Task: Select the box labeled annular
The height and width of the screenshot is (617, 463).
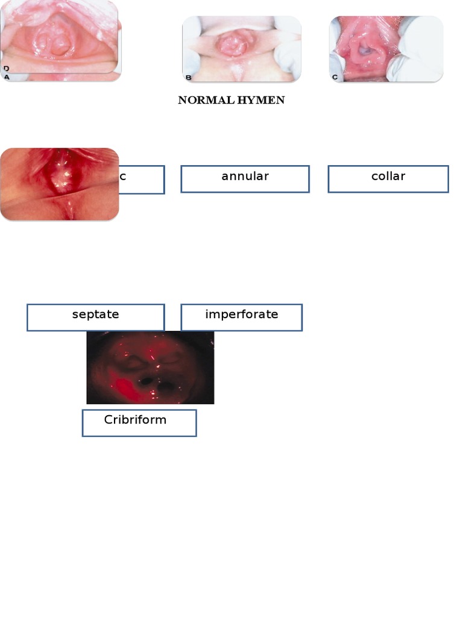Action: (245, 179)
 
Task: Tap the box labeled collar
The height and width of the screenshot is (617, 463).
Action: (388, 179)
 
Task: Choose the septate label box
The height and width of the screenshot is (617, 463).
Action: (95, 317)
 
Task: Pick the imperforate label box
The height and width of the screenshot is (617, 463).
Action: (241, 317)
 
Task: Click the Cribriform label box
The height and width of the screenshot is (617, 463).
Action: (139, 422)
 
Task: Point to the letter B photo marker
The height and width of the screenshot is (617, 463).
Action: (189, 77)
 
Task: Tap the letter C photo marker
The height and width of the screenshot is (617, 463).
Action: (335, 77)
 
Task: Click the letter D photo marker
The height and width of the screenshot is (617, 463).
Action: (6, 69)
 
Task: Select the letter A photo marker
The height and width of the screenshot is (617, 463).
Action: (7, 77)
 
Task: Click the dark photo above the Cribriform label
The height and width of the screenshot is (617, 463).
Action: (150, 367)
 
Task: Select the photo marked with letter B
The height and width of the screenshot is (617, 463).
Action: (241, 48)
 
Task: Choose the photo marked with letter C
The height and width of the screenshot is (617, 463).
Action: (386, 48)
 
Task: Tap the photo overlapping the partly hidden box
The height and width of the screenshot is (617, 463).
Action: (59, 184)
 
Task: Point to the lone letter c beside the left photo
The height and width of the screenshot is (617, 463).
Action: (123, 177)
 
